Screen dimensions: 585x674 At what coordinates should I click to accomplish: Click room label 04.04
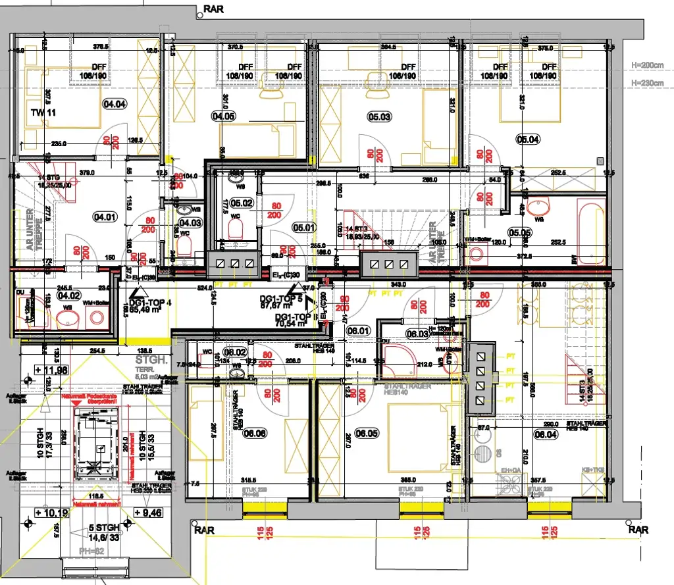tap(115, 103)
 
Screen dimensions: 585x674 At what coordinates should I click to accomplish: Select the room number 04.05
tap(223, 116)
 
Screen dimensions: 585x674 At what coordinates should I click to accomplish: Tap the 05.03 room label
tap(379, 116)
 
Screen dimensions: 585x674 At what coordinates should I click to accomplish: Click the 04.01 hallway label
tap(105, 215)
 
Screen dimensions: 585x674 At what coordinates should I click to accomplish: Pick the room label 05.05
tap(519, 232)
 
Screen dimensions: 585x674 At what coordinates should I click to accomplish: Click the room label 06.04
tap(546, 434)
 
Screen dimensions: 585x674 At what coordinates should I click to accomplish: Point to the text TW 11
tap(43, 113)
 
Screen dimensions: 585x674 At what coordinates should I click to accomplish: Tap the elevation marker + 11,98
tap(53, 370)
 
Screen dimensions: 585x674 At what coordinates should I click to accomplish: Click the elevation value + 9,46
tap(149, 512)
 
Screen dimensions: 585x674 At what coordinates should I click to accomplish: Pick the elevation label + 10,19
tap(53, 512)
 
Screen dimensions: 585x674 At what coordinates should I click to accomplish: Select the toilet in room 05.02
tap(237, 228)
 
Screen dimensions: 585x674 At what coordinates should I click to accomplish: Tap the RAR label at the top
tap(215, 9)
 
